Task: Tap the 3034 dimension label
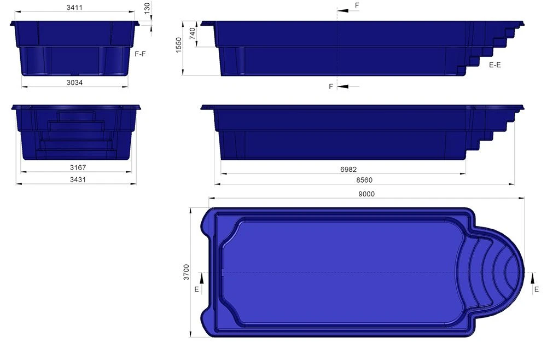click(x=74, y=82)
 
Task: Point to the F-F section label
click(x=140, y=54)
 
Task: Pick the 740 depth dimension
click(x=192, y=34)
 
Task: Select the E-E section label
click(x=495, y=65)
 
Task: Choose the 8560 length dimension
click(x=365, y=180)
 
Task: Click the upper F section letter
click(x=357, y=5)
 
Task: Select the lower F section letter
click(x=330, y=86)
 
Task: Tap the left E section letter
click(x=196, y=288)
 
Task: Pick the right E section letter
click(x=536, y=288)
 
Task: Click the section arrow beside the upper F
click(x=345, y=10)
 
